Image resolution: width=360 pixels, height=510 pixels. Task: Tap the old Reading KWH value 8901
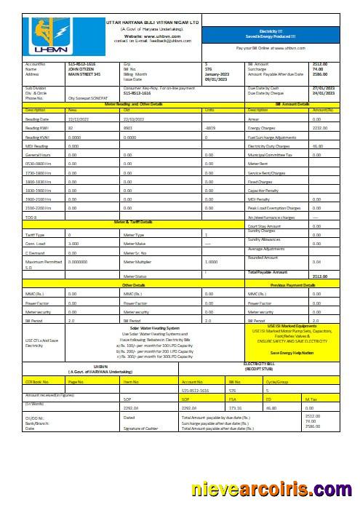129,127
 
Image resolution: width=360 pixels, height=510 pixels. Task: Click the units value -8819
210,127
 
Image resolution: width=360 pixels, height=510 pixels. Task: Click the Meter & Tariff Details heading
132,221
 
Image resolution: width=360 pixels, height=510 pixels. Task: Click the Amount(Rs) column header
322,109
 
